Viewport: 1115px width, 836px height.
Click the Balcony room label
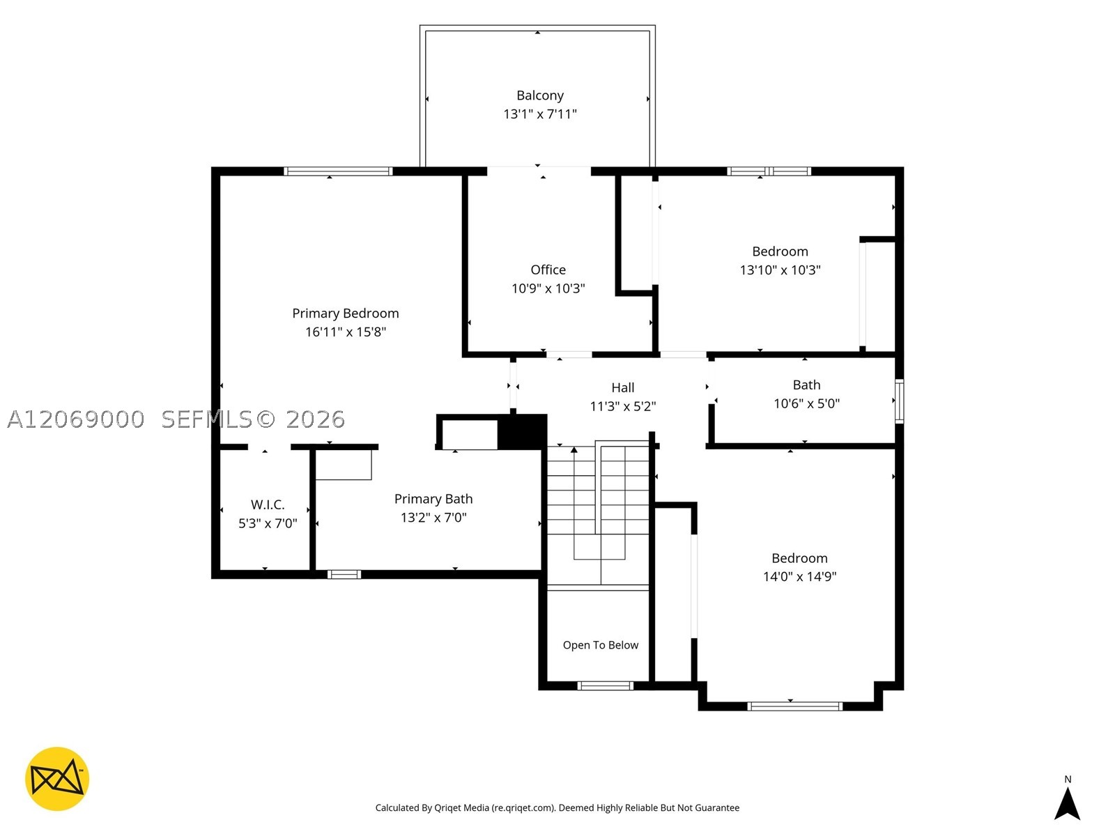tap(539, 95)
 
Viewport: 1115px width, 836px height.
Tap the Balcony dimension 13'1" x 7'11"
tap(539, 114)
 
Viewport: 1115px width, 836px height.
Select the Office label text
tap(548, 270)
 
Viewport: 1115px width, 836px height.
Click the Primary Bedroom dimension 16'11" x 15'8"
tap(346, 332)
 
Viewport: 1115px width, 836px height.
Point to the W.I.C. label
tap(267, 504)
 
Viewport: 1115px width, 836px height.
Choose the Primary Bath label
tap(433, 499)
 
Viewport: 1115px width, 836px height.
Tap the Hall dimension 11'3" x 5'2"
tap(623, 406)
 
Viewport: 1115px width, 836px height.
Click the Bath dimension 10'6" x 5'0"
tap(806, 403)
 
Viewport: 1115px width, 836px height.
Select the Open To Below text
tap(601, 644)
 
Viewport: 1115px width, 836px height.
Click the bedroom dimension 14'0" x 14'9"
tap(799, 577)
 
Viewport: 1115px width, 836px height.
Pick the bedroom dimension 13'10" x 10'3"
tap(780, 270)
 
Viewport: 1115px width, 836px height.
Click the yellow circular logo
tap(57, 779)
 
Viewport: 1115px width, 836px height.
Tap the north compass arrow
tap(1067, 804)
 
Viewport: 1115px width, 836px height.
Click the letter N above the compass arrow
tap(1068, 779)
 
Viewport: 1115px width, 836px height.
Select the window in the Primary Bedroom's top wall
tap(338, 171)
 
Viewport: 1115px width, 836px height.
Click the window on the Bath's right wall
tap(899, 401)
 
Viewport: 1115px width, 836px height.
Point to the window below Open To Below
tap(605, 686)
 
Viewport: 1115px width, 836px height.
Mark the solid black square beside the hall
tap(522, 432)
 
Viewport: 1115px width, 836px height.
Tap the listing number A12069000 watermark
tap(76, 419)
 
